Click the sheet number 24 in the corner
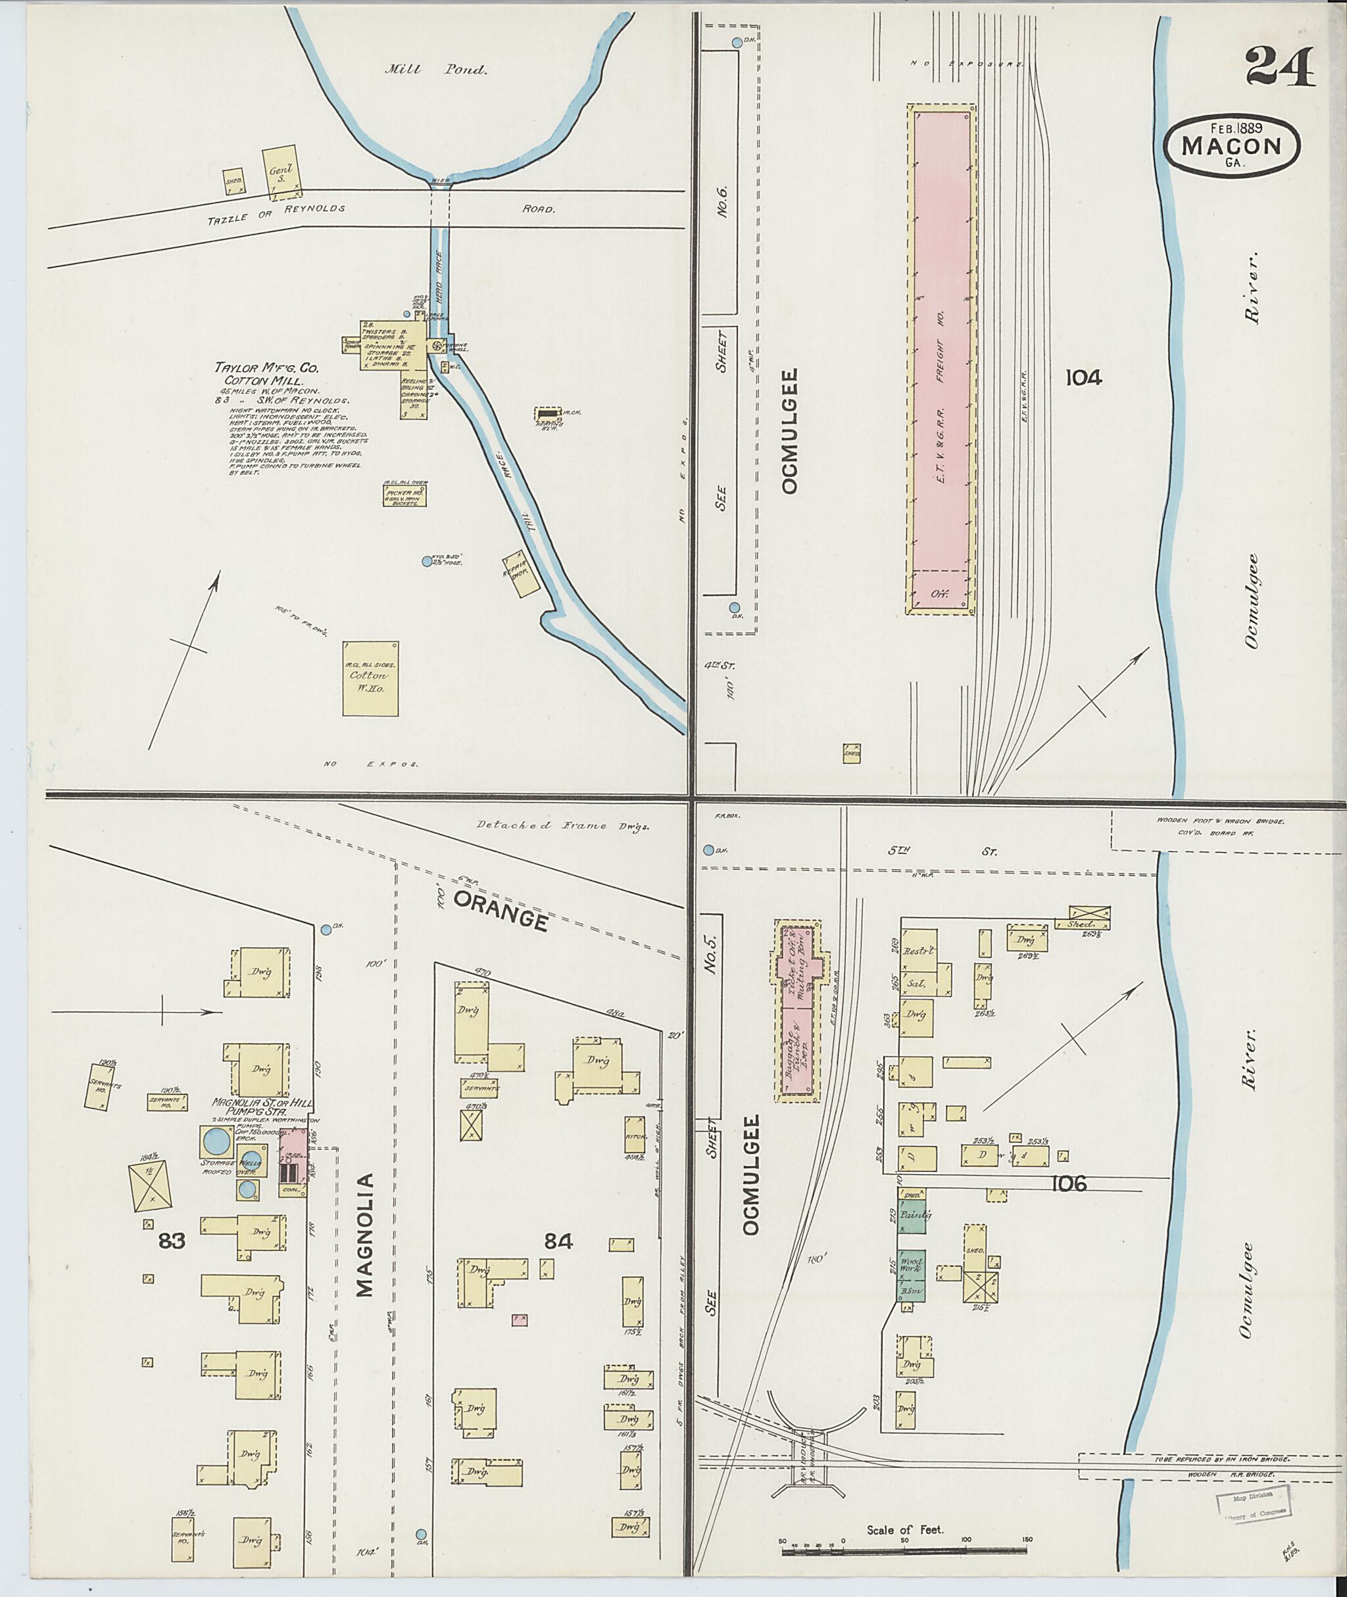click(1280, 66)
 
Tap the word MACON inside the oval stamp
click(1231, 146)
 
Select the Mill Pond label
click(435, 70)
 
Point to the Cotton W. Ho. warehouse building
click(370, 678)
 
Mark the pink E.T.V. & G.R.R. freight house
click(941, 359)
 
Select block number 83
click(172, 1241)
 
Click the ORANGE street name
click(501, 910)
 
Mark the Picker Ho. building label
click(404, 496)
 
